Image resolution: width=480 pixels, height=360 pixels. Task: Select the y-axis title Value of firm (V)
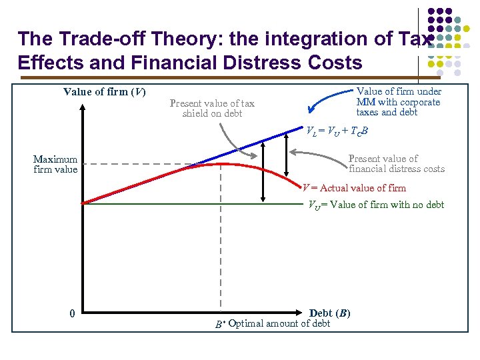point(104,91)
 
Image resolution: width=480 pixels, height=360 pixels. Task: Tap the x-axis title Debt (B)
point(329,313)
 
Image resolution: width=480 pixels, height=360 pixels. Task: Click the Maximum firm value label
point(55,164)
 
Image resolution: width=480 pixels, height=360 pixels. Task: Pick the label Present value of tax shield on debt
point(212,108)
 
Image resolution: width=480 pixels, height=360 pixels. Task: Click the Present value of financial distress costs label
point(396,163)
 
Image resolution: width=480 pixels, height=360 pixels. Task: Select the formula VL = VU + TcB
point(337,131)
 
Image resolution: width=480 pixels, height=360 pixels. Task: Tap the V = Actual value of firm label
point(354,188)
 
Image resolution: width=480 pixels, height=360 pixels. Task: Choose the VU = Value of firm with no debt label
point(375,205)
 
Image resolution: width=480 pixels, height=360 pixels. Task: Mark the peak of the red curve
point(221,163)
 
